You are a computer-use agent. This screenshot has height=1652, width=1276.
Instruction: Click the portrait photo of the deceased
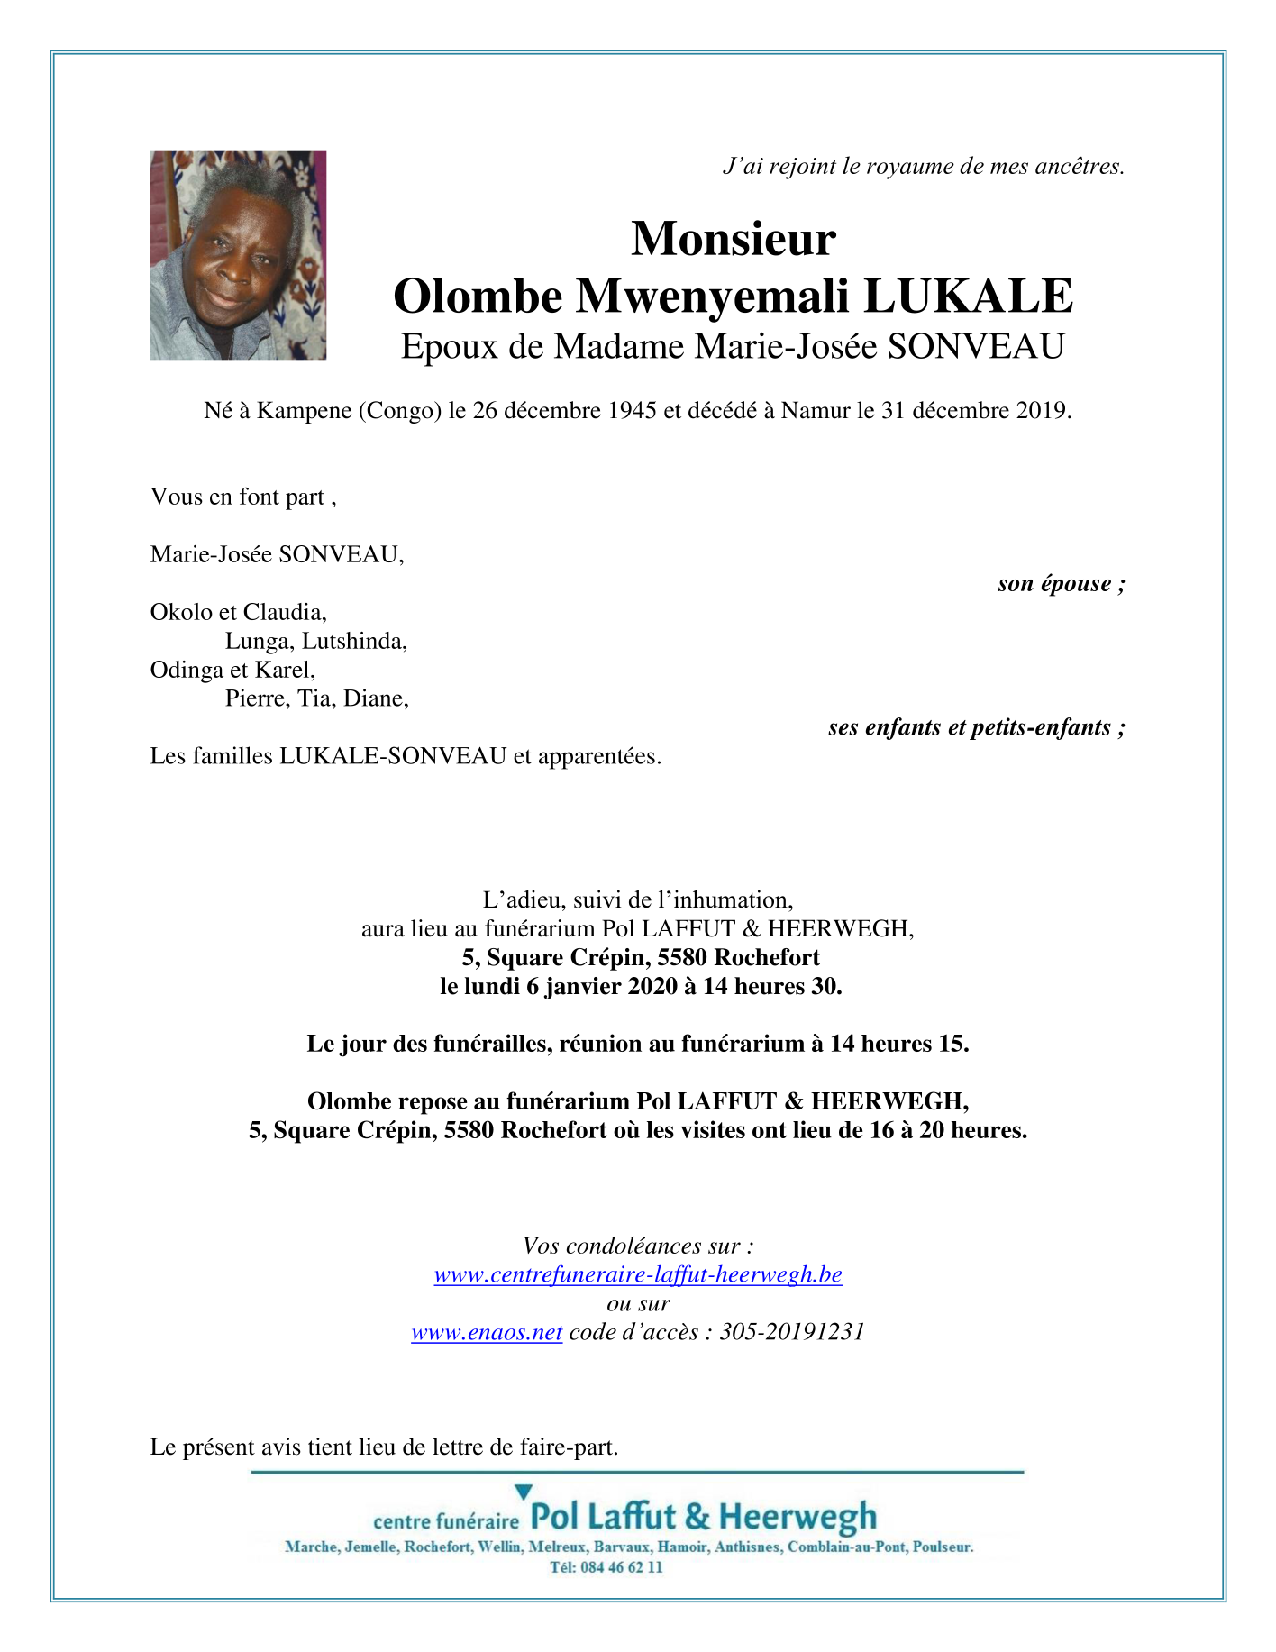pos(238,255)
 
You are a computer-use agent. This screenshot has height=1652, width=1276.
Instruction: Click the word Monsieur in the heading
pos(734,239)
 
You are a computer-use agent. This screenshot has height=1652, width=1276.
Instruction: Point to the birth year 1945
pos(632,411)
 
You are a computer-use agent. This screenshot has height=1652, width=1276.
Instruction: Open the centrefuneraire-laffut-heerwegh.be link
pos(638,1275)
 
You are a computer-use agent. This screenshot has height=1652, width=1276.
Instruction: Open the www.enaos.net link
pos(487,1333)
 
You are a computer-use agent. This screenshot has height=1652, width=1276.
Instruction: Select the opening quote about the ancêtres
pos(924,167)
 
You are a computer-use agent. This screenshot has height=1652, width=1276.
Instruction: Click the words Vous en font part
pos(238,497)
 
